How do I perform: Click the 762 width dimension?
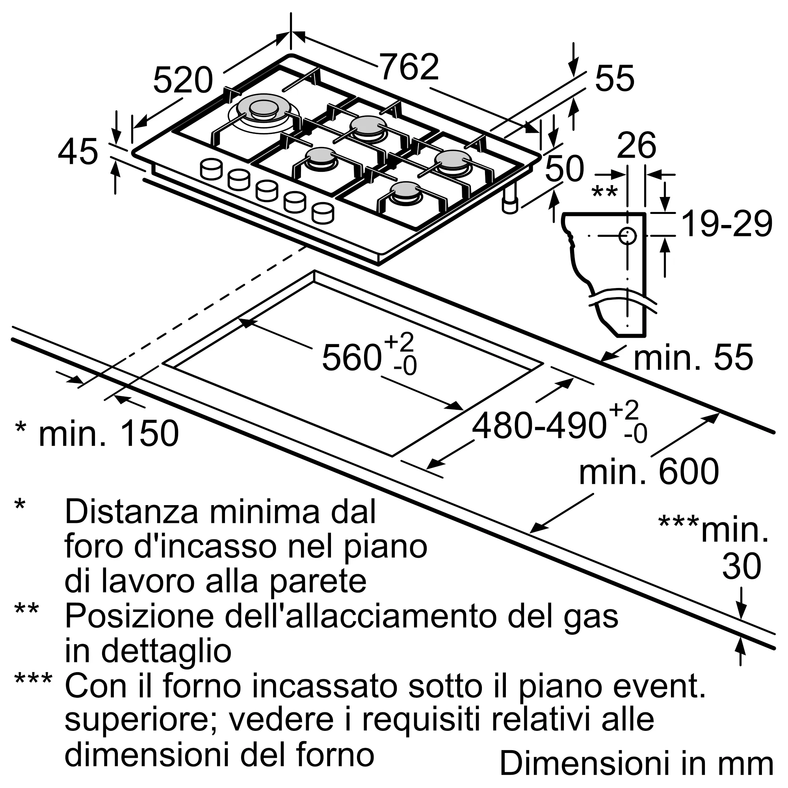click(x=409, y=68)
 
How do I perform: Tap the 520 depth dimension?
click(x=183, y=81)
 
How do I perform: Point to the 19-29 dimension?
click(x=727, y=224)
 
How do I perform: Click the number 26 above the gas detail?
click(x=636, y=145)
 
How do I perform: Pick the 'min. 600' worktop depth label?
click(x=649, y=472)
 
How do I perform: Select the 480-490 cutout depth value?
click(x=538, y=426)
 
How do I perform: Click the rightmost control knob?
click(x=323, y=213)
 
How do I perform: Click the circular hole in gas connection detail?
click(x=627, y=236)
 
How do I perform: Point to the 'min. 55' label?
click(x=693, y=357)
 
